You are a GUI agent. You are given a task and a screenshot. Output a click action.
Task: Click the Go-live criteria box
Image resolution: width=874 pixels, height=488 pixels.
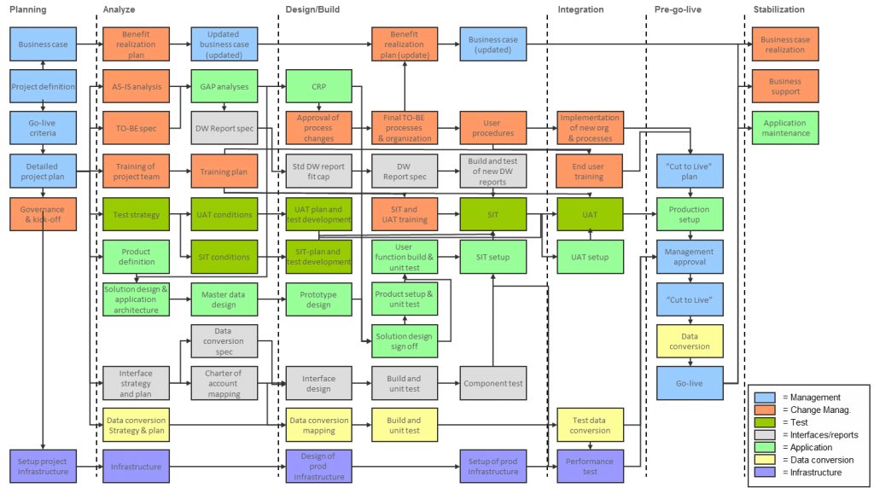click(x=43, y=128)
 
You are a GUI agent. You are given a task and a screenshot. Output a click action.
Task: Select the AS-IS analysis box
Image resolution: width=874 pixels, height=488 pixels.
click(x=137, y=86)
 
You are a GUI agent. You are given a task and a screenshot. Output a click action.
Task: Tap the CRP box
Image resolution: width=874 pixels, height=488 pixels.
click(x=318, y=86)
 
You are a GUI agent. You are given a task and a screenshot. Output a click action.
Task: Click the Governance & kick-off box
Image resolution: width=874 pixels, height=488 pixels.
click(x=43, y=214)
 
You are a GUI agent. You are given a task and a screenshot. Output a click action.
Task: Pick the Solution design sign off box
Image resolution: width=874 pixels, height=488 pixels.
click(x=404, y=341)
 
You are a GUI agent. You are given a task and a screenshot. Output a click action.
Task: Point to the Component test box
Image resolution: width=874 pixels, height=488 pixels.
click(x=492, y=383)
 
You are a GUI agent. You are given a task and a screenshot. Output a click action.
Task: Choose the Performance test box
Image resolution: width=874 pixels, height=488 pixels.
click(x=590, y=467)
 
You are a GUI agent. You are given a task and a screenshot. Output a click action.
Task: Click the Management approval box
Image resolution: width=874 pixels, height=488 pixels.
click(x=689, y=257)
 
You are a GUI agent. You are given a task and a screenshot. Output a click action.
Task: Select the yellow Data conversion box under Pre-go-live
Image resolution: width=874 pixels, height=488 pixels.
click(x=689, y=341)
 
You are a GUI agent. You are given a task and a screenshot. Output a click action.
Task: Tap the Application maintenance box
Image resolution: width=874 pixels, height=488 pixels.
click(x=784, y=128)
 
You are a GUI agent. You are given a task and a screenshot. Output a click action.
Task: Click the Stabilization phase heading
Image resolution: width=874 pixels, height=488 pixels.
click(x=778, y=9)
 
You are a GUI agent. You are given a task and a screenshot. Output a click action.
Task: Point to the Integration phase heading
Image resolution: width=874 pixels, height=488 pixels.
click(x=580, y=9)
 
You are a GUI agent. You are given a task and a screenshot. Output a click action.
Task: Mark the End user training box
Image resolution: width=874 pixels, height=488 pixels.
click(x=589, y=171)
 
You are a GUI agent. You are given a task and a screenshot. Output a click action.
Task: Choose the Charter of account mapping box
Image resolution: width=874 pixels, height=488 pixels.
click(x=223, y=383)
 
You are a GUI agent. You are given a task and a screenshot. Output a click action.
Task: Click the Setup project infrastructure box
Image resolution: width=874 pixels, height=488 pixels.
click(x=43, y=467)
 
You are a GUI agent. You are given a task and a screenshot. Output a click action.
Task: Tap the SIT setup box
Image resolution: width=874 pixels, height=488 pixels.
click(x=492, y=257)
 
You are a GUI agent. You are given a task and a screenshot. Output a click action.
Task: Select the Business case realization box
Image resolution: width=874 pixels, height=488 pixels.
click(x=784, y=44)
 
